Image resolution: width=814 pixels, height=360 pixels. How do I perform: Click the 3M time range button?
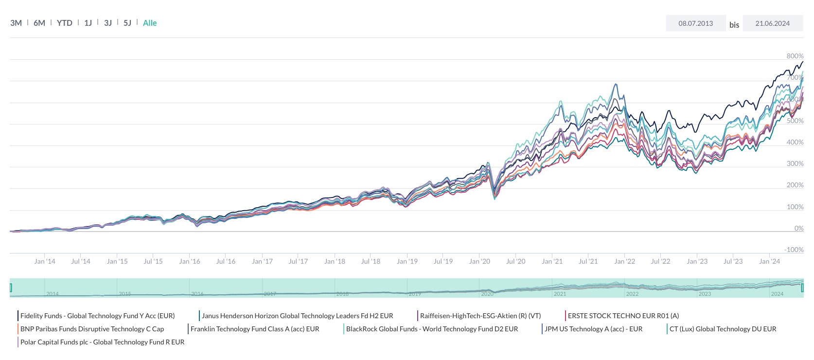point(16,23)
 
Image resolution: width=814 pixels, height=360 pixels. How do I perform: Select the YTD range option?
point(64,23)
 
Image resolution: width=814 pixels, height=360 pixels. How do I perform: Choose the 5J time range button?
point(127,23)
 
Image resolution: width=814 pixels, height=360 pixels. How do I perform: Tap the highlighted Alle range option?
point(150,23)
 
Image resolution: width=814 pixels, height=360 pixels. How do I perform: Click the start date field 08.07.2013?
point(695,23)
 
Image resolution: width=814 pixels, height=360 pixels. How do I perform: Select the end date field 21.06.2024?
point(772,23)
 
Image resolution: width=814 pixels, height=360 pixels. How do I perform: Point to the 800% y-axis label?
point(795,56)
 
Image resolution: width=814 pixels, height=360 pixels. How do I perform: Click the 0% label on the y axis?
point(798,228)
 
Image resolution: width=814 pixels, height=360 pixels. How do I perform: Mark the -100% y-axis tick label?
point(794,250)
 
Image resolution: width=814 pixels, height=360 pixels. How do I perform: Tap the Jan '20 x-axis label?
point(479,261)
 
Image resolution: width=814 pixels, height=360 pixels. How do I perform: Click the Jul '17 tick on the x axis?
point(298,261)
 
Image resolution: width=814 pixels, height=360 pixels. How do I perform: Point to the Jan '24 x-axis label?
point(769,261)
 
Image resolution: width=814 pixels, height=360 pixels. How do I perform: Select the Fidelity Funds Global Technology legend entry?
point(97,316)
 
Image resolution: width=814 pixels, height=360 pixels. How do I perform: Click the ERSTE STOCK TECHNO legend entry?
point(623,316)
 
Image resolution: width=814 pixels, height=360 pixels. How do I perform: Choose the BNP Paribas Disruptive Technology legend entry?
point(92,329)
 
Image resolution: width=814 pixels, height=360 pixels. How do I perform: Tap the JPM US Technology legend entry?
point(593,329)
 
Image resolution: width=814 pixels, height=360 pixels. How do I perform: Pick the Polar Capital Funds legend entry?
point(102,342)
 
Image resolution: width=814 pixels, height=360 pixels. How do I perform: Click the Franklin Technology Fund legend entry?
point(255,329)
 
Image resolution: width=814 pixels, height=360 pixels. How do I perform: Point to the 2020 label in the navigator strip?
point(487,294)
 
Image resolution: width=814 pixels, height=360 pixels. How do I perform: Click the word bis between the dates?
point(734,25)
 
